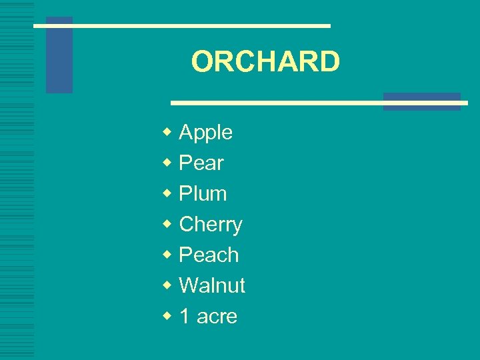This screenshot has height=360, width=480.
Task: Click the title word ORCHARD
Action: tap(265, 62)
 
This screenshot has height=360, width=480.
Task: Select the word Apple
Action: tap(206, 133)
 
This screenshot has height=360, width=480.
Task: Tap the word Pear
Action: tap(201, 163)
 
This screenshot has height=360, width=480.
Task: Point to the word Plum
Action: tap(203, 194)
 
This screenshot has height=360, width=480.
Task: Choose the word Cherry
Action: tap(211, 225)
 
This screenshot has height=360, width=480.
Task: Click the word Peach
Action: tap(209, 255)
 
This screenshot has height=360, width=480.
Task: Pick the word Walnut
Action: tap(212, 286)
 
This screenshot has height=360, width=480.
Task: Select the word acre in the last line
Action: tap(217, 317)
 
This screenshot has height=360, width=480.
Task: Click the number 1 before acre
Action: tap(185, 317)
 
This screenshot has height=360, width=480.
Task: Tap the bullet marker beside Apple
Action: tap(167, 132)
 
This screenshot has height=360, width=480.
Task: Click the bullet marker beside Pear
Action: tap(167, 163)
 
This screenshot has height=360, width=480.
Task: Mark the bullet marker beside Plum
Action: tap(167, 193)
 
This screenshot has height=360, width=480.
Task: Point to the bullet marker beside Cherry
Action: tap(167, 224)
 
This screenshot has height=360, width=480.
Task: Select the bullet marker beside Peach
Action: tap(167, 255)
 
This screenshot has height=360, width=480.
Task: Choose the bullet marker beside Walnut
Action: tap(167, 285)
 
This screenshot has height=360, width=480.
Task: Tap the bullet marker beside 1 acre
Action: tap(167, 316)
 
